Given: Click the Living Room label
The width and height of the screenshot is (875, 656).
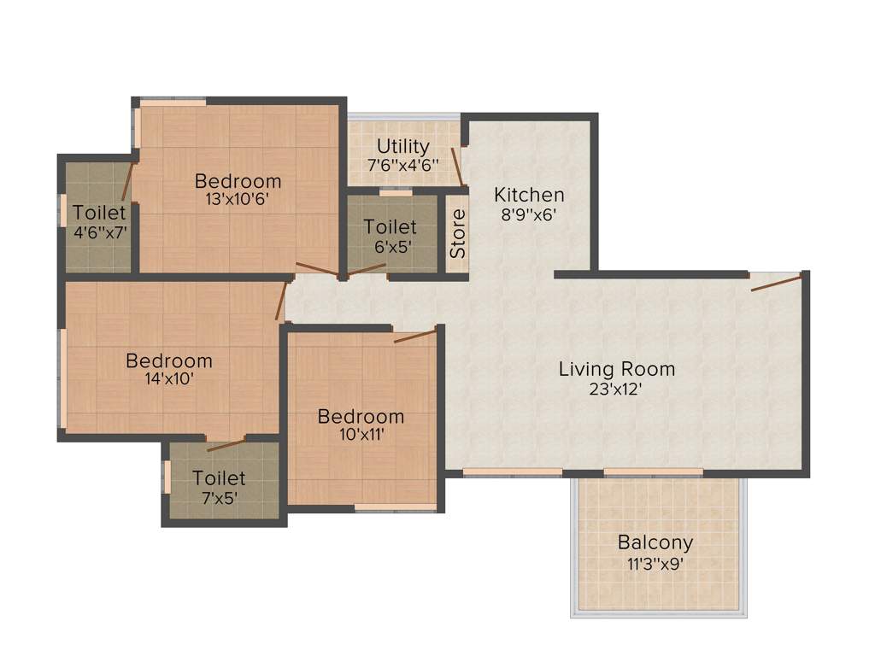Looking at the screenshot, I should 616,369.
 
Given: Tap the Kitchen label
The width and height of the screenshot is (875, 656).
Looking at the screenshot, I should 529,195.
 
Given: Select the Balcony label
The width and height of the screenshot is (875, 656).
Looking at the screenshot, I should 655,542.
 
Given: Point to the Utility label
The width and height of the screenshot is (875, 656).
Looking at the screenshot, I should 402,146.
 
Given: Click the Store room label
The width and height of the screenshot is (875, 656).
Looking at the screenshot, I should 459,233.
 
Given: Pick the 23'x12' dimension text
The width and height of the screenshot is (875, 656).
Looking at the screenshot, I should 612,389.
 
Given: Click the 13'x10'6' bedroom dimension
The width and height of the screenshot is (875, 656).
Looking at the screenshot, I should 238,200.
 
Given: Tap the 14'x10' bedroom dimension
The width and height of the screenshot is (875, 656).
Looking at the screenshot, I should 168,379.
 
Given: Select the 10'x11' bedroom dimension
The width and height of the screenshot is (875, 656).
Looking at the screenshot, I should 361,435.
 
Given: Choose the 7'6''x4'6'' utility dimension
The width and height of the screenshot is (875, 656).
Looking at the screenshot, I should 402,165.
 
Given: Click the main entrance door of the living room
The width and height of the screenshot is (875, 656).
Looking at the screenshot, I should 777,283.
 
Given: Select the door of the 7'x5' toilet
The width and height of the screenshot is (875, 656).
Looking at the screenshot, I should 226,443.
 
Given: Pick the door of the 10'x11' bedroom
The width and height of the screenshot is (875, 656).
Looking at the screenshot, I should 415,335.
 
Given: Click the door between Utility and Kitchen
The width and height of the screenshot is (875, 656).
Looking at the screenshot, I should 457,167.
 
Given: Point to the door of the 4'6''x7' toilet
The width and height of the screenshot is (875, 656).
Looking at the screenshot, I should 128,179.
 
